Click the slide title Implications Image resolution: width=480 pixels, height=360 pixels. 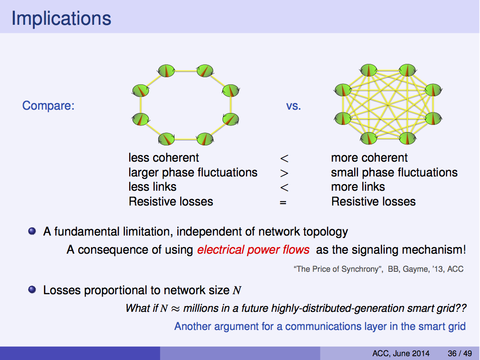[61, 19]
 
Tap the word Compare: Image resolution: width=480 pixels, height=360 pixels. [48, 105]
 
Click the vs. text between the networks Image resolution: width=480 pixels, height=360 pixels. [294, 105]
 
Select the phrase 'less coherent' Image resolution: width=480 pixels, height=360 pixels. [163, 158]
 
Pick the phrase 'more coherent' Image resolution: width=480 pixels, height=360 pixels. [369, 158]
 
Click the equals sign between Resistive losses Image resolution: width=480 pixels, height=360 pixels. [283, 202]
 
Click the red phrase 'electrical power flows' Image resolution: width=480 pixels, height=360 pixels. [253, 249]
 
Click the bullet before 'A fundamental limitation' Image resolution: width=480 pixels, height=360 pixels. [32, 232]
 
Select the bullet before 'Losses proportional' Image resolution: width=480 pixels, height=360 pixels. [32, 289]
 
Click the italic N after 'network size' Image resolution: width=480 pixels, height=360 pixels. [237, 290]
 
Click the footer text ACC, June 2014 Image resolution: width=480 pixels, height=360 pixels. [401, 353]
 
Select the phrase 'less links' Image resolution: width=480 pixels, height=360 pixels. [153, 187]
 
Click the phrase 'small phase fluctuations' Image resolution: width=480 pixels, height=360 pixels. [394, 173]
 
